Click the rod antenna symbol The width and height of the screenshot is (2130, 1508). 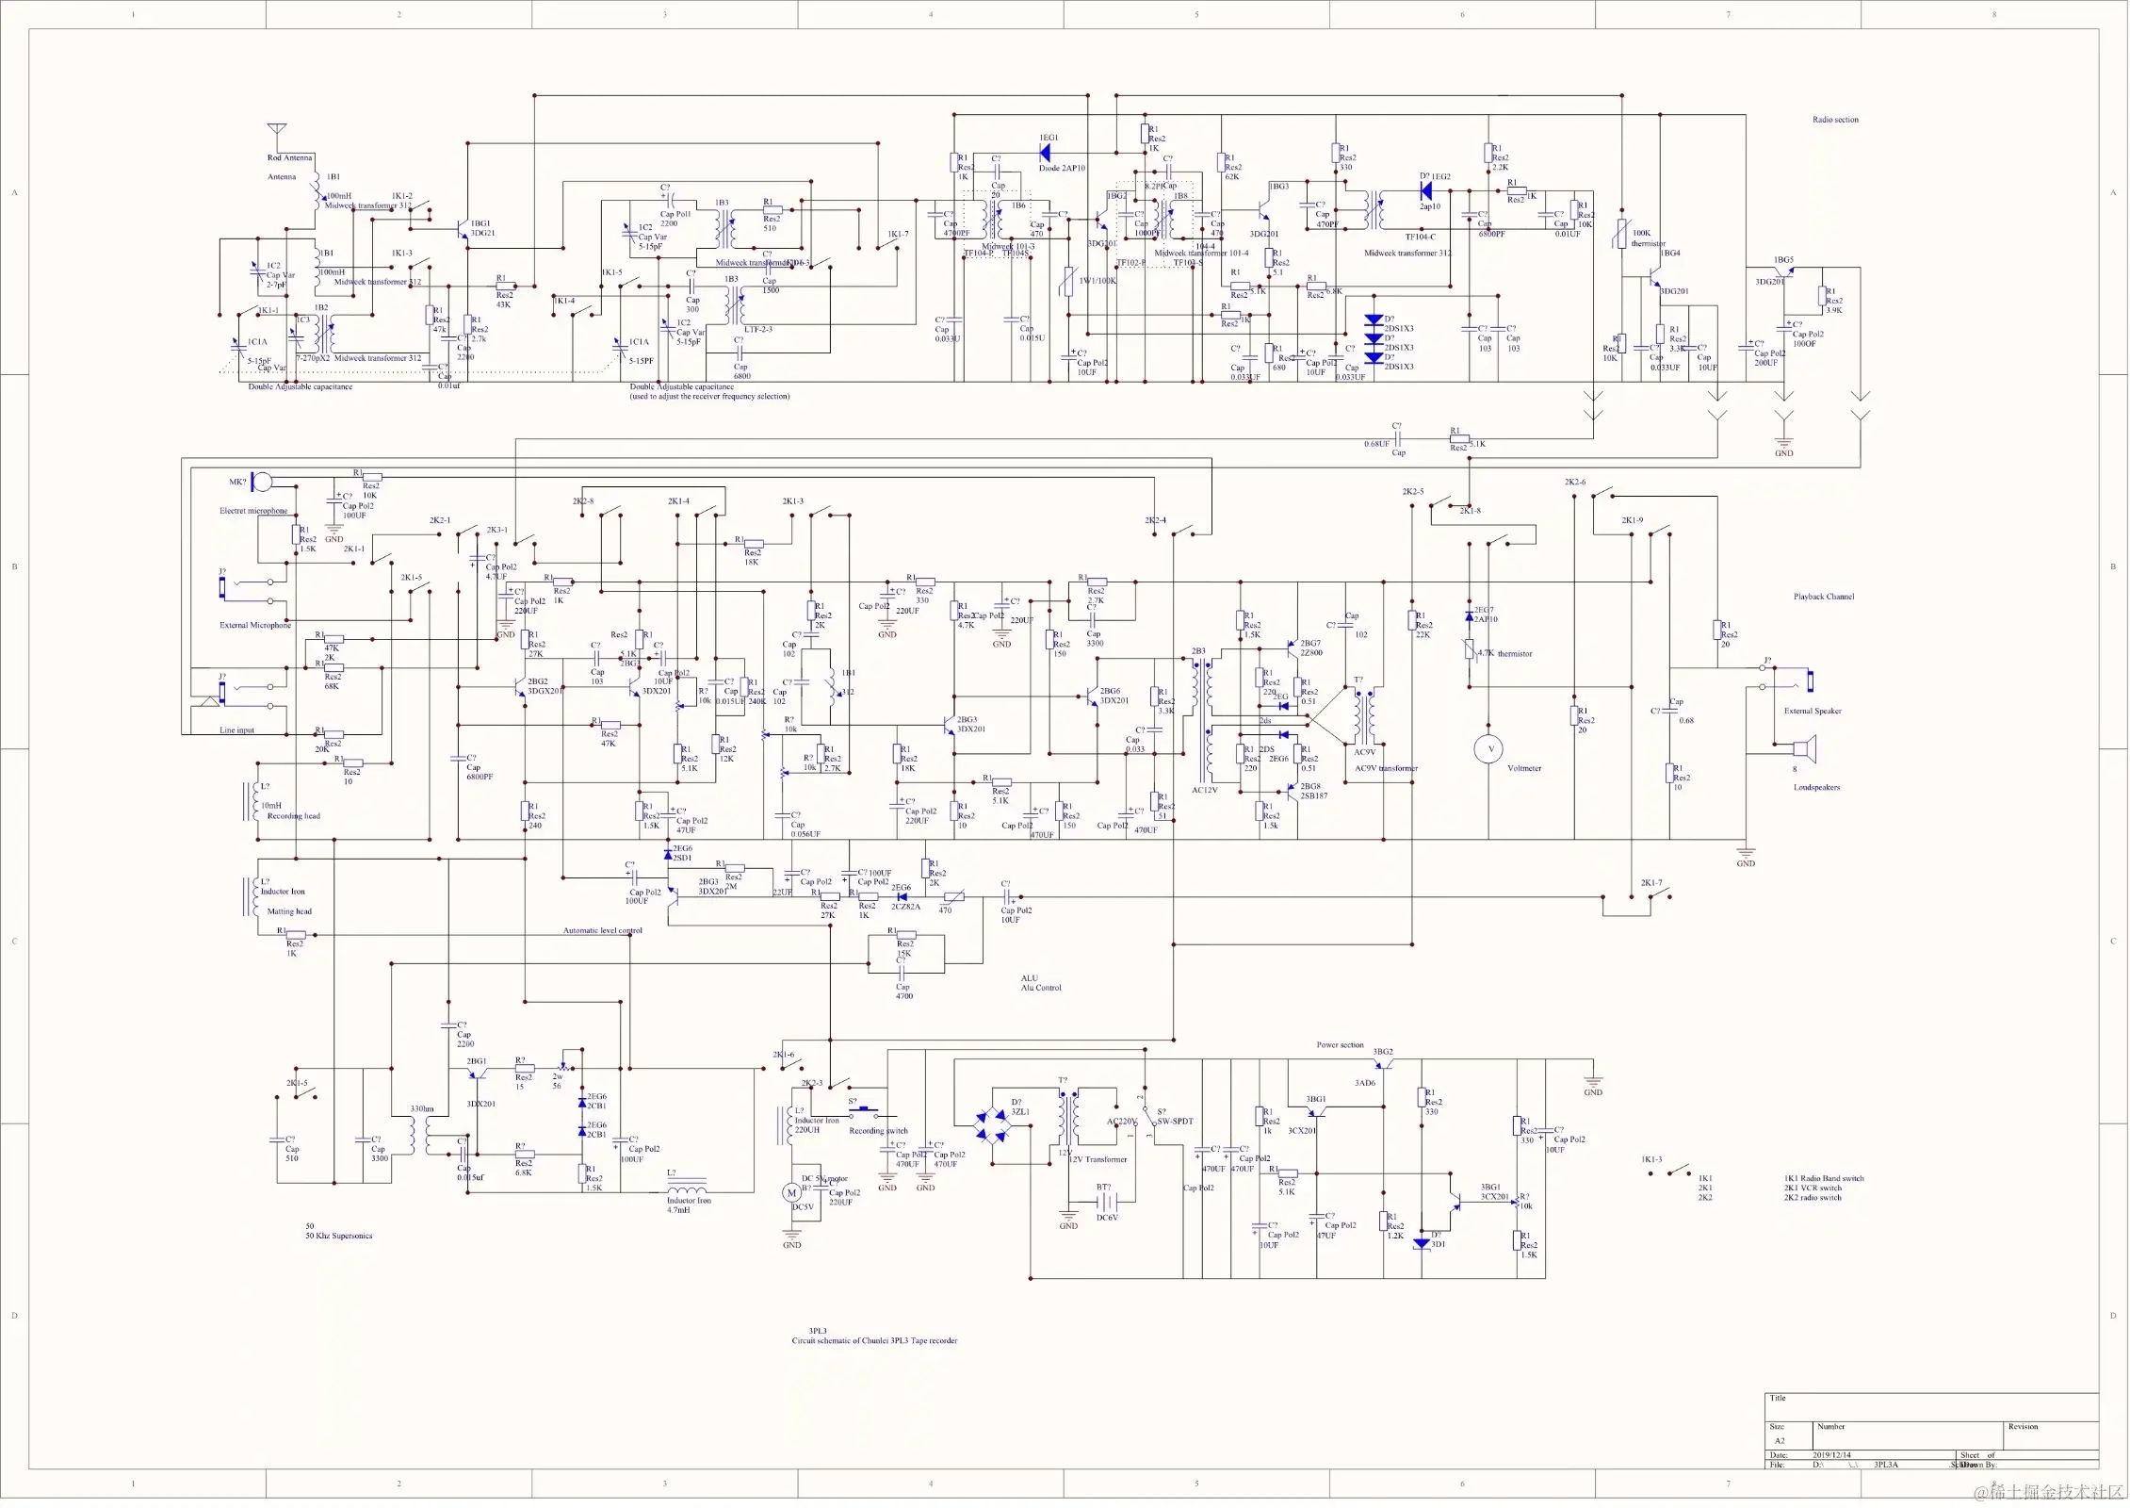[276, 130]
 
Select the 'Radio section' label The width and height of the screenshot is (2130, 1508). [1835, 120]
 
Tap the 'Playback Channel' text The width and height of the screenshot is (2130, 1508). [1823, 597]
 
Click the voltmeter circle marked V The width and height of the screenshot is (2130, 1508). [1488, 749]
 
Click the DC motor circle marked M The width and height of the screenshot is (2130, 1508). [791, 1193]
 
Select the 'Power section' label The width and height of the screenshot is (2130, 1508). [1340, 1045]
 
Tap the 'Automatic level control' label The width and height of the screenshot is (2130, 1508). [602, 930]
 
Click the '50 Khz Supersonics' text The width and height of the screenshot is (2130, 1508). [338, 1236]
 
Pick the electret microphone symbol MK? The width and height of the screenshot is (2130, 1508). [260, 483]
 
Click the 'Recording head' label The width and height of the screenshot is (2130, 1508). [293, 816]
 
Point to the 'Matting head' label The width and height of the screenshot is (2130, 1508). [289, 911]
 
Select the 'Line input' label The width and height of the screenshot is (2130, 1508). [236, 730]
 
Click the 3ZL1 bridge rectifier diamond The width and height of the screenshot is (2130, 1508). [991, 1126]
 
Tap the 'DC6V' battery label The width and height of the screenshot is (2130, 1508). [1107, 1218]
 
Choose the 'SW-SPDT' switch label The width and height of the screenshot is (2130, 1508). [1175, 1122]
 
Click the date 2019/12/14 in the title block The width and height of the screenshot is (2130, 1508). [1831, 1455]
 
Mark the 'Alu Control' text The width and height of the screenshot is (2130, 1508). [1041, 988]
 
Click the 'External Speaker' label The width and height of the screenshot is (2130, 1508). [1812, 711]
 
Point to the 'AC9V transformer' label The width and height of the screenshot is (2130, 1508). [1386, 768]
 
